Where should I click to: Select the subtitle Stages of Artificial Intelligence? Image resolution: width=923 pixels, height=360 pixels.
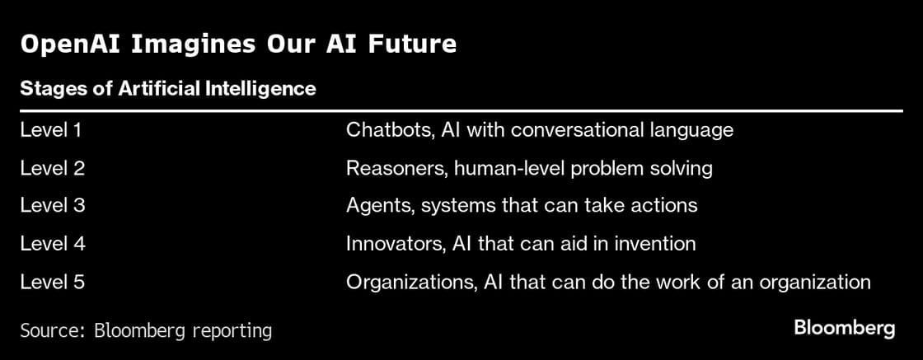click(x=167, y=89)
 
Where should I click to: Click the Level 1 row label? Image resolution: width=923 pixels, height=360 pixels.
click(x=52, y=130)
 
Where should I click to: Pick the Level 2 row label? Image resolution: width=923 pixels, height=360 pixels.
click(x=53, y=168)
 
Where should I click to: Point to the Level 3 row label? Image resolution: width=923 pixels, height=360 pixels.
click(x=53, y=206)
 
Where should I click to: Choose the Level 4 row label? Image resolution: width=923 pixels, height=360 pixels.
click(x=53, y=244)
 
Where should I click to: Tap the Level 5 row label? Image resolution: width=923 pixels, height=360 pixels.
click(x=53, y=282)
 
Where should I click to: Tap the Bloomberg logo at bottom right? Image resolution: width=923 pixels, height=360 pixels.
click(x=844, y=328)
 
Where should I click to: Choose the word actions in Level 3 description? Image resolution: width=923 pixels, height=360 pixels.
click(x=668, y=206)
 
